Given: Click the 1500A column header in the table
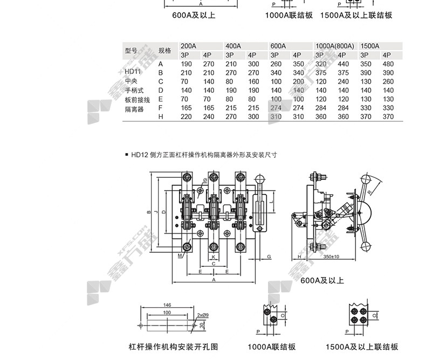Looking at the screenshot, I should [370, 46].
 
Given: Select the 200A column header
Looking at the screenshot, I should [188, 46].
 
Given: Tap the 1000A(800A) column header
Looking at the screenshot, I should [334, 46].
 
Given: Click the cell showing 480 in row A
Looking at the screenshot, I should [387, 64].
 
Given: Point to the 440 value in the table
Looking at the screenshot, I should [342, 64].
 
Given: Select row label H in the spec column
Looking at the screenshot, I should [160, 116].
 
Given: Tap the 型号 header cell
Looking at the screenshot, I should [131, 51].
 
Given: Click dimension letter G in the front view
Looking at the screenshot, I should [269, 257].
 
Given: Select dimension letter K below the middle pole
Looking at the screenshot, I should [214, 257].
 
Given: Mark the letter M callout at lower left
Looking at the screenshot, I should [179, 256].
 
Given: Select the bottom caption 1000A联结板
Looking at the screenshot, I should [271, 347].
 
